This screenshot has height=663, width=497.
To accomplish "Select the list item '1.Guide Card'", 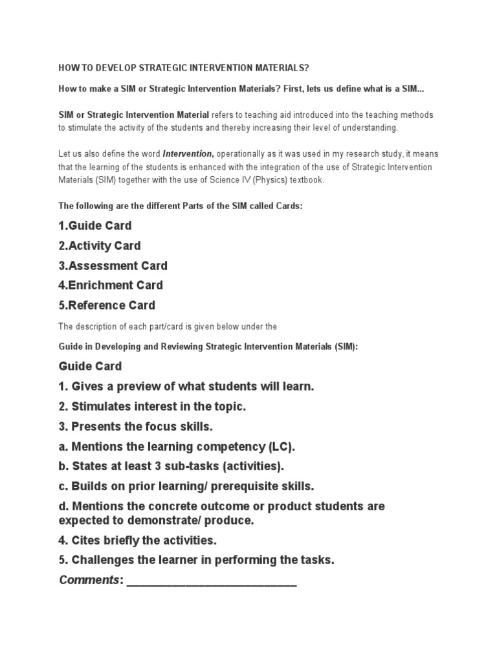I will pos(95,226).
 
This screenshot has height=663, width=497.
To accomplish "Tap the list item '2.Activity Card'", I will pos(100,246).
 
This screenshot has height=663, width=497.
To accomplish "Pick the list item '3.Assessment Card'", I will pos(113,265).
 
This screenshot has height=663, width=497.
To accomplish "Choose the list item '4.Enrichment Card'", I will pos(111,285).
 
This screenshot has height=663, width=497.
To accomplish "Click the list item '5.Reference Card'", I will pos(107,305).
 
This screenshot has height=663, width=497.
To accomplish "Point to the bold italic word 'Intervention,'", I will pos(188,154).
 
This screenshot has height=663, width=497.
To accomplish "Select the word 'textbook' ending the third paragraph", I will pos(307,180).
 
